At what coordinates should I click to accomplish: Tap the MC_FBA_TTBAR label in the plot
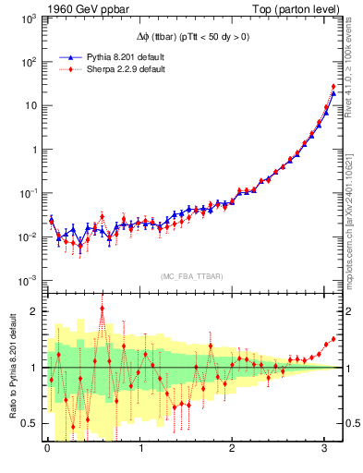[x=191, y=277]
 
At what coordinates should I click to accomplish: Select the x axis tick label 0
[x=47, y=450]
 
